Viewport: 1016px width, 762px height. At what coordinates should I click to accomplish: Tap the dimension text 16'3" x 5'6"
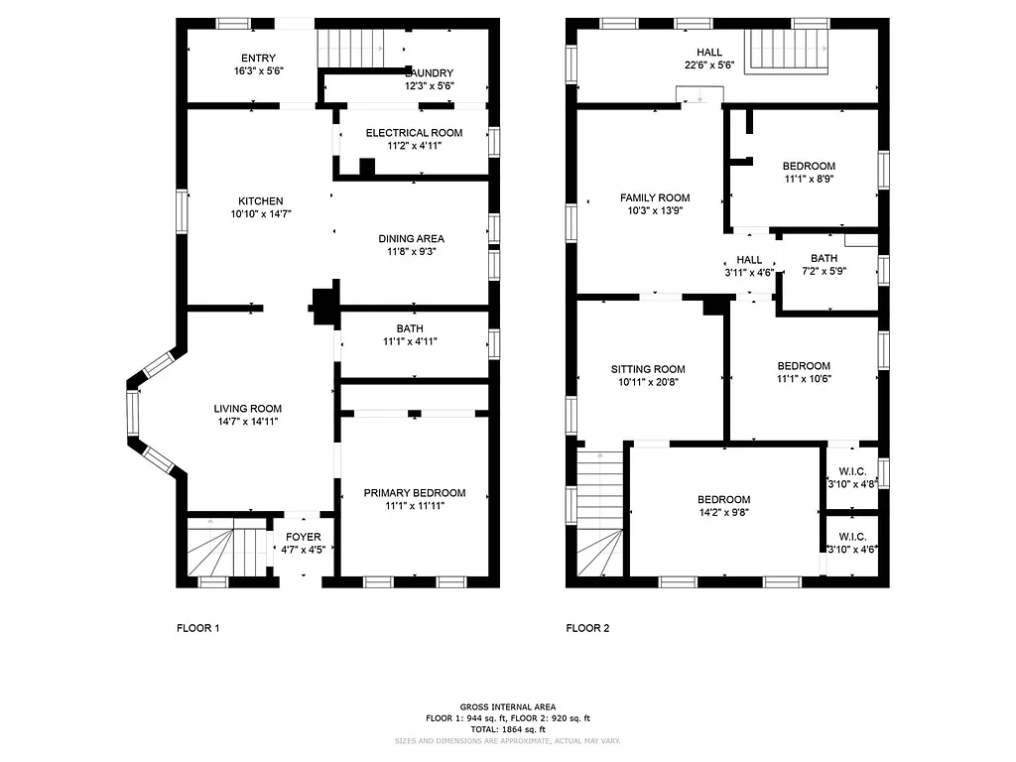[260, 71]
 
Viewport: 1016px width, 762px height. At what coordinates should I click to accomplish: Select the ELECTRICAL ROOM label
[414, 133]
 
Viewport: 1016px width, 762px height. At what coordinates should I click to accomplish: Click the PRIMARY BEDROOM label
[414, 493]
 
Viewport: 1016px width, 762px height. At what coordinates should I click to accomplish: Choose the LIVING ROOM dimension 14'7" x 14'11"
[247, 422]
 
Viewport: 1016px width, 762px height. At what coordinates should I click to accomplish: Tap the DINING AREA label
[411, 238]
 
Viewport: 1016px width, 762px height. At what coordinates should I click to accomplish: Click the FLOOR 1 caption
[197, 628]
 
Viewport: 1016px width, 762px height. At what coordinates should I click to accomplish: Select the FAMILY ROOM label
[655, 197]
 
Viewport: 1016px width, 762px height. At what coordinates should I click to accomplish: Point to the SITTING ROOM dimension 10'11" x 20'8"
[648, 382]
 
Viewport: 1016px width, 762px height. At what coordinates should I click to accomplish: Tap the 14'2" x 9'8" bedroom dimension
[723, 513]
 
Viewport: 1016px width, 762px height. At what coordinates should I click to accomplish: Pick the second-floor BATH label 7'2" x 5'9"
[823, 258]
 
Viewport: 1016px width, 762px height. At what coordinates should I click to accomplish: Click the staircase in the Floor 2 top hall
[787, 50]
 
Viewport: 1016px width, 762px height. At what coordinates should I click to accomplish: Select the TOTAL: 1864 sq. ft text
[507, 729]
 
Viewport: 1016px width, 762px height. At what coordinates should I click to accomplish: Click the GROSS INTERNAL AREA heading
[507, 706]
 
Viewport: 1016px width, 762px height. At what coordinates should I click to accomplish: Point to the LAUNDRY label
[430, 73]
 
